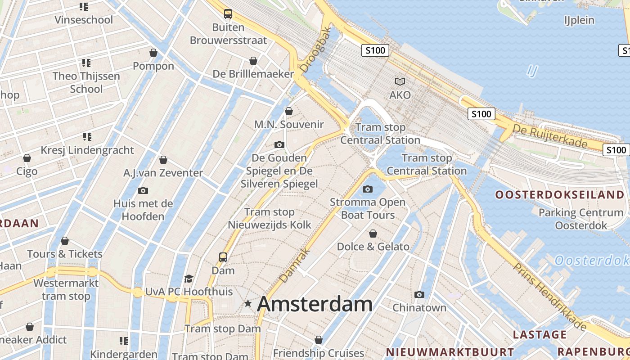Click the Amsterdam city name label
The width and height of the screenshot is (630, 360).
[x=315, y=305]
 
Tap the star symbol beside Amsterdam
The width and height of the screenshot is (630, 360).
[x=247, y=304]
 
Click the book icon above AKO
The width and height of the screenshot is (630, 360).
[x=400, y=82]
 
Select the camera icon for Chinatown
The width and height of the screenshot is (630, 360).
[x=419, y=295]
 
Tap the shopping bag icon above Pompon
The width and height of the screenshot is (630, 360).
[x=153, y=53]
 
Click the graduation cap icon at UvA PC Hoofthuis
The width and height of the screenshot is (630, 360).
[x=189, y=279]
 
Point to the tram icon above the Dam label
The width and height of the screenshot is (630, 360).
[x=223, y=257]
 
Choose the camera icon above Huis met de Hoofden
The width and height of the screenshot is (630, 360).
[x=143, y=190]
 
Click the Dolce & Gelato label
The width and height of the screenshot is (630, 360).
[x=373, y=247]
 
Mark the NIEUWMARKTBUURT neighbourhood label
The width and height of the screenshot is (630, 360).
[x=450, y=352]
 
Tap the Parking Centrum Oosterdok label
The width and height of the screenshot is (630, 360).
[x=580, y=219]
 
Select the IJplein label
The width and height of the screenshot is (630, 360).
[x=579, y=20]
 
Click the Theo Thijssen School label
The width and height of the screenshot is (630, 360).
[x=86, y=82]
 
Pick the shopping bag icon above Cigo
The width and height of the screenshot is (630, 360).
[x=27, y=158]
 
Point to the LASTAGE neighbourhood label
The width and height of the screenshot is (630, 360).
[x=540, y=334]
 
